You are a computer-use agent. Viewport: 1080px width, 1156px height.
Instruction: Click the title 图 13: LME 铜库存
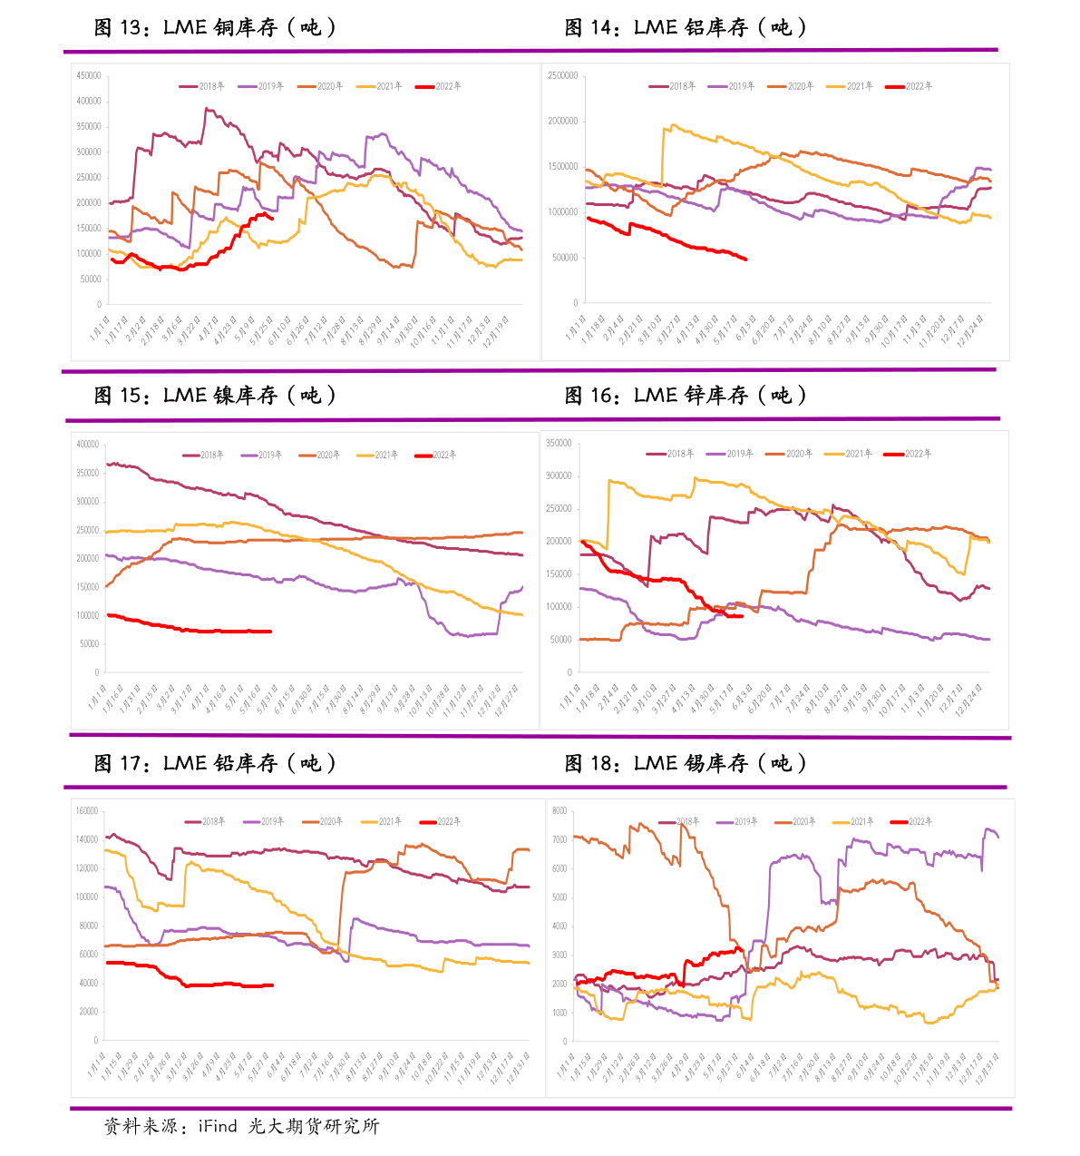216,27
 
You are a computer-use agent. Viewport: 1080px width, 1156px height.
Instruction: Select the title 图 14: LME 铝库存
686,27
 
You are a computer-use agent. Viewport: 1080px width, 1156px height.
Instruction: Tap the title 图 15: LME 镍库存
216,395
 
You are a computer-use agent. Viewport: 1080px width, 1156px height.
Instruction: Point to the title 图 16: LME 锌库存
686,395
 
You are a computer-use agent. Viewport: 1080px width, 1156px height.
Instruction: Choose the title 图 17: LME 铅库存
216,763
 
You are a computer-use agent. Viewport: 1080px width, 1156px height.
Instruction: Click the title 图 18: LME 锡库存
686,763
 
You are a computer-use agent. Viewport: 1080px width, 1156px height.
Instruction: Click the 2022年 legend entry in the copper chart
439,86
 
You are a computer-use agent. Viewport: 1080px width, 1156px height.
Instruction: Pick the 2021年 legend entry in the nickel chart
378,455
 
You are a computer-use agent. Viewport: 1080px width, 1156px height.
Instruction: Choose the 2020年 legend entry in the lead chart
322,821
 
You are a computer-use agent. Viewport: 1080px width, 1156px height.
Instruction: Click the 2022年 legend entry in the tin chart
911,821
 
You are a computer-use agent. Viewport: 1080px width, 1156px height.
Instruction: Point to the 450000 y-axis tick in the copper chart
89,75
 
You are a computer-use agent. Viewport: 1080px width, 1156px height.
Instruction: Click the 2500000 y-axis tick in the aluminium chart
562,75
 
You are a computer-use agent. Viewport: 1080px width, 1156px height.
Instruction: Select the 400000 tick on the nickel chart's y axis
88,444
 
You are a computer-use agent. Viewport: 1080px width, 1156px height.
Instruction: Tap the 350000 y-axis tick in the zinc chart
559,443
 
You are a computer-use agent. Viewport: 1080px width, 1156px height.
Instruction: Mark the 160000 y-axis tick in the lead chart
87,810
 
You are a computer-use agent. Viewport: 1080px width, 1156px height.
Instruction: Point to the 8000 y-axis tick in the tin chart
559,810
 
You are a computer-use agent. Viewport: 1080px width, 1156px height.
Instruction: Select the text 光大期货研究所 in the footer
313,1126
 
